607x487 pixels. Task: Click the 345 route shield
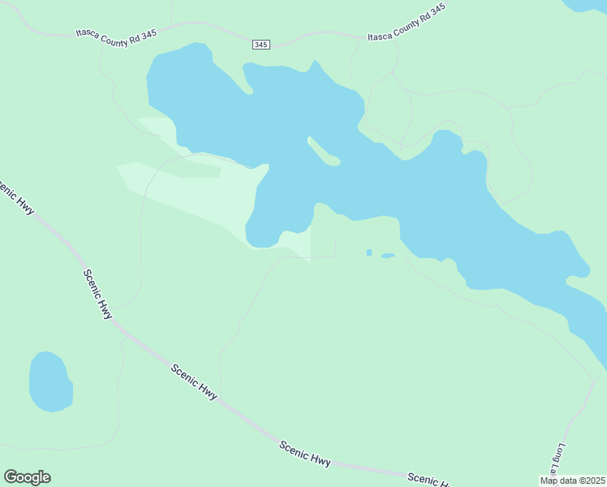260,45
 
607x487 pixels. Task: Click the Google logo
27,477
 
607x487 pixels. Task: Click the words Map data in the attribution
557,481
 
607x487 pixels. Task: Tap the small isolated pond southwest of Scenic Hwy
50,382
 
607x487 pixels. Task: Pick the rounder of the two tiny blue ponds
368,252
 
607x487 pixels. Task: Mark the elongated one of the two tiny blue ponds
388,256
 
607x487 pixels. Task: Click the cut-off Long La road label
559,459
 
